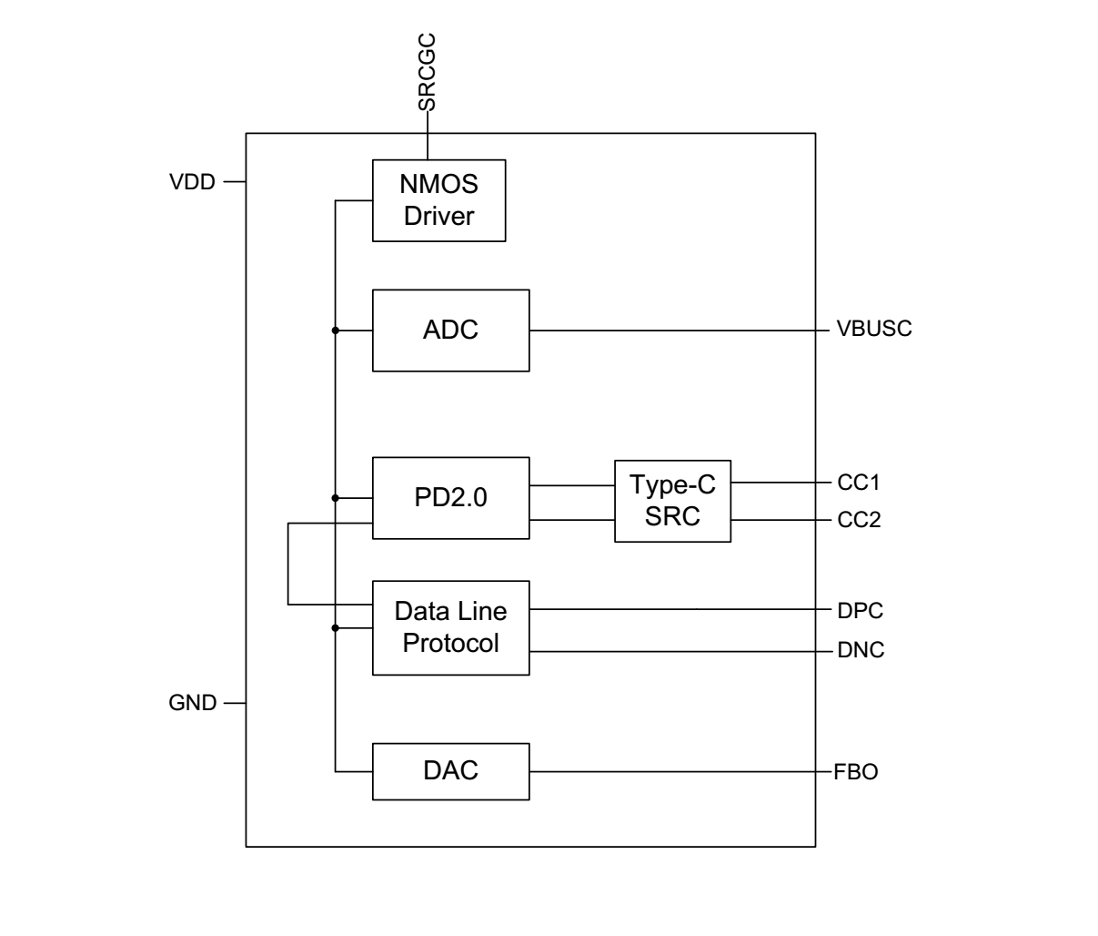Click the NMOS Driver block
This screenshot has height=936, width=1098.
(438, 200)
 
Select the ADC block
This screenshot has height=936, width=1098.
(450, 330)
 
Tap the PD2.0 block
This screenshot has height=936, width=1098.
(450, 498)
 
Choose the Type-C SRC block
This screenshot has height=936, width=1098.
(672, 501)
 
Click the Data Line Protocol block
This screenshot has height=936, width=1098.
(450, 627)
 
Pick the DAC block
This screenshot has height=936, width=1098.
(450, 771)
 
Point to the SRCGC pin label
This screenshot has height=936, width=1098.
(427, 72)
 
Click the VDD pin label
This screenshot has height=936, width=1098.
(193, 182)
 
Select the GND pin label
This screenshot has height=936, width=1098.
(193, 703)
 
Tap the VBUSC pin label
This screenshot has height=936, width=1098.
(873, 330)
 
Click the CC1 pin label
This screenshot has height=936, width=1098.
(859, 482)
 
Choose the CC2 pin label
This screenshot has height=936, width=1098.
(859, 521)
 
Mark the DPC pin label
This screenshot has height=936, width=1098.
(860, 610)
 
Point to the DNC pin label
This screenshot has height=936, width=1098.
(861, 650)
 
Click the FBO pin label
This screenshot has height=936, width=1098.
(856, 773)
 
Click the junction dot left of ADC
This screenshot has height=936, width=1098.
(336, 331)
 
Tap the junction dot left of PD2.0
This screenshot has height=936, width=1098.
(336, 498)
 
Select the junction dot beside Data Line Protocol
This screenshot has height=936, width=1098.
(336, 628)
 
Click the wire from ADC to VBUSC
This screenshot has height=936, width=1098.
(673, 331)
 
